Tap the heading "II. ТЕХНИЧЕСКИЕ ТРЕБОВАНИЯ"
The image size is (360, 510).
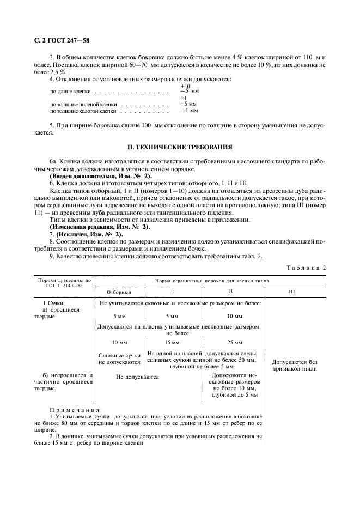pos(180,147)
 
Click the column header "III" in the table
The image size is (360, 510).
pos(291,292)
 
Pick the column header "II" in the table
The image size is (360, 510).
pos(231,292)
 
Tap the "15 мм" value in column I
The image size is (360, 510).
pos(172,343)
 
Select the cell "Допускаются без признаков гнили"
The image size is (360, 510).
pos(294,365)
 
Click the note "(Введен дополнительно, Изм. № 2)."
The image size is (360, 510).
pos(101,176)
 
